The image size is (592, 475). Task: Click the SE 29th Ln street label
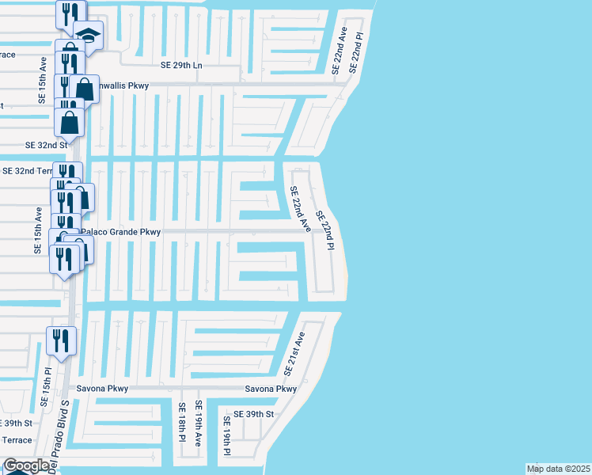tap(181, 65)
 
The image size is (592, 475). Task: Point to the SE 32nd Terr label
tap(27, 170)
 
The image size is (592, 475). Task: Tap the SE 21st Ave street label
tap(294, 354)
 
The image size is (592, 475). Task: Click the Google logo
tap(25, 465)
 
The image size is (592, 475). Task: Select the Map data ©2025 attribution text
tap(557, 469)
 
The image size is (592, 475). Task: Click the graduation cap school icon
tap(88, 34)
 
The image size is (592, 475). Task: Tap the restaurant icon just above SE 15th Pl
tap(61, 340)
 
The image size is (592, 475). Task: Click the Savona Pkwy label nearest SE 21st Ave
tap(271, 389)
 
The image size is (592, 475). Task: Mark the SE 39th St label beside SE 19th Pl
tap(258, 414)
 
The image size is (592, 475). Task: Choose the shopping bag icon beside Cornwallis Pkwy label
tap(84, 89)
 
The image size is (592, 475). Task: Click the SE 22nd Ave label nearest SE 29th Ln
tap(340, 51)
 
